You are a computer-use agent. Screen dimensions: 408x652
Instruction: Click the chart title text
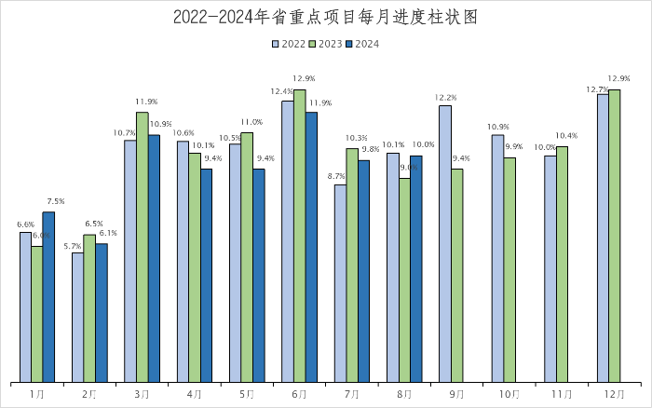pyautogui.click(x=325, y=18)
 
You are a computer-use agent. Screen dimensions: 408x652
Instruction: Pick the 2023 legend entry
pyautogui.click(x=326, y=43)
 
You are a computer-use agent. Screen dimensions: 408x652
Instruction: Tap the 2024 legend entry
pyautogui.click(x=362, y=43)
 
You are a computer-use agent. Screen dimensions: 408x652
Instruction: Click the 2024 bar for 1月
pyautogui.click(x=48, y=296)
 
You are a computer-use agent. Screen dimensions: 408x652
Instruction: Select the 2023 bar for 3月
pyautogui.click(x=143, y=247)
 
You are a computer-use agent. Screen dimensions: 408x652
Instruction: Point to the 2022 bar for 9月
pyautogui.click(x=445, y=243)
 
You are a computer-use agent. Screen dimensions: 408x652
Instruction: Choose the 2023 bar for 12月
pyautogui.click(x=615, y=236)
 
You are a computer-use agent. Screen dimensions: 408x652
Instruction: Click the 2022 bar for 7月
pyautogui.click(x=340, y=283)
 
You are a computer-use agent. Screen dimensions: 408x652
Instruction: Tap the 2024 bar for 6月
pyautogui.click(x=311, y=247)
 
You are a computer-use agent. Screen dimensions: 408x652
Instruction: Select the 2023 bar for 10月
pyautogui.click(x=509, y=269)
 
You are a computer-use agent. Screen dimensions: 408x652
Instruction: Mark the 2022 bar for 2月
pyautogui.click(x=77, y=317)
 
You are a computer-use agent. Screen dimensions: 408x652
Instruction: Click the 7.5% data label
pyautogui.click(x=55, y=201)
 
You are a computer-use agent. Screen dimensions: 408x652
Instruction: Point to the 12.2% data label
pyautogui.click(x=445, y=97)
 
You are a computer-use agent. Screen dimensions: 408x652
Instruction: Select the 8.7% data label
pyautogui.click(x=337, y=176)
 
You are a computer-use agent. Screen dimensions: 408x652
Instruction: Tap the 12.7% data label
pyautogui.click(x=597, y=89)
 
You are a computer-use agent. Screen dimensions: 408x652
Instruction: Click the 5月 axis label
pyautogui.click(x=247, y=395)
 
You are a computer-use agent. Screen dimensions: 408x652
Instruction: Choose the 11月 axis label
pyautogui.click(x=562, y=395)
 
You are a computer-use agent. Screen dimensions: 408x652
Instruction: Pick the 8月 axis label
pyautogui.click(x=404, y=395)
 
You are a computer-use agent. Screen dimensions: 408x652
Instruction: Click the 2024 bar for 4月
pyautogui.click(x=206, y=275)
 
